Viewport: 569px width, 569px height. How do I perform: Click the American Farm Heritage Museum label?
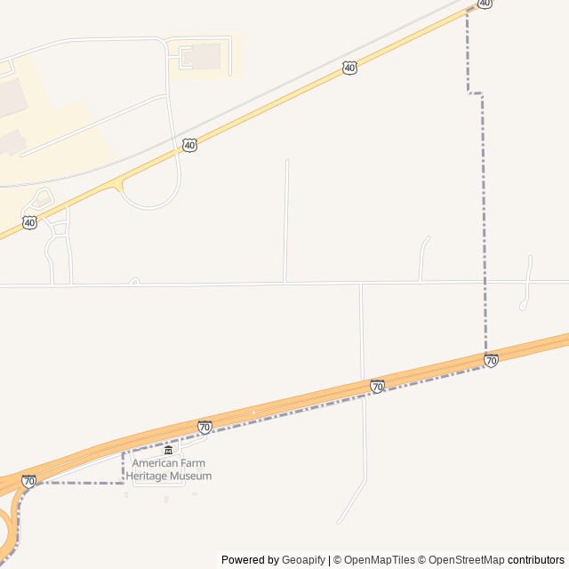169,469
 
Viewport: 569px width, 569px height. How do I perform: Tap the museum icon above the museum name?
169,451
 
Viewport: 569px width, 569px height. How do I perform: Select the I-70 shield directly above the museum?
204,428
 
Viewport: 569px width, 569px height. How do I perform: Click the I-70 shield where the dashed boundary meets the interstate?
491,360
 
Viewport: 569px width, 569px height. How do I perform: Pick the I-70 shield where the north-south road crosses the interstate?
377,387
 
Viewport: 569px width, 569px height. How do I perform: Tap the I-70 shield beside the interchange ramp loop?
29,482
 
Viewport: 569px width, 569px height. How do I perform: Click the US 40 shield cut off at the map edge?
485,4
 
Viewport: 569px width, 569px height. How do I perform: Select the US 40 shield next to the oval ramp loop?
189,145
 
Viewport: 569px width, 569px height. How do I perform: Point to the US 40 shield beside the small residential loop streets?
29,222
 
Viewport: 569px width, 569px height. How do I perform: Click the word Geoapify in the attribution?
304,560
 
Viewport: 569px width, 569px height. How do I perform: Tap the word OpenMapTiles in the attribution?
380,560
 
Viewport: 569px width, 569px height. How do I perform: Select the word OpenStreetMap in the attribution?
466,560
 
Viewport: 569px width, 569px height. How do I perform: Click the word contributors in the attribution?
536,560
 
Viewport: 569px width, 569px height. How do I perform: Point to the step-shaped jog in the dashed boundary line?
476,92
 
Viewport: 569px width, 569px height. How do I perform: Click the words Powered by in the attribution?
250,560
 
